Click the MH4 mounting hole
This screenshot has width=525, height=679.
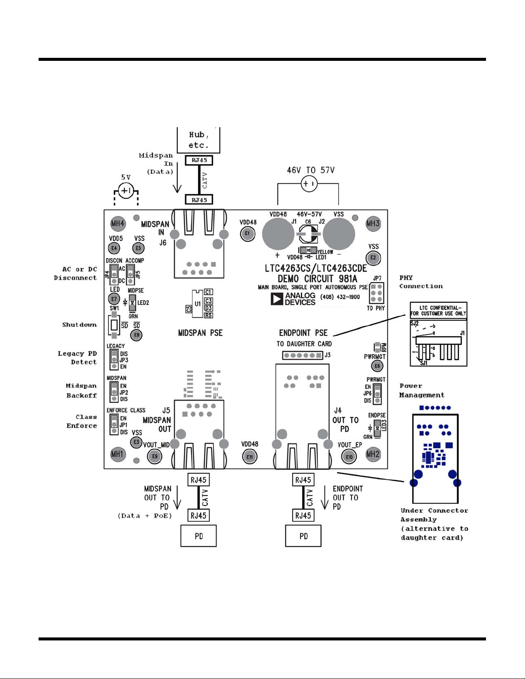pos(118,223)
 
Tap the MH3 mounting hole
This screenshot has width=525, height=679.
pos(373,223)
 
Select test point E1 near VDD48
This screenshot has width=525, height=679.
pos(247,233)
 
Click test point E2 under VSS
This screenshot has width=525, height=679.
pos(373,257)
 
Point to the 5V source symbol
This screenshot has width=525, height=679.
pos(126,190)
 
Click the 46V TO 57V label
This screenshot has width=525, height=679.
pos(311,170)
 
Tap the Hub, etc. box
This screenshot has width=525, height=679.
pos(199,140)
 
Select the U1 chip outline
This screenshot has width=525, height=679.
pos(197,303)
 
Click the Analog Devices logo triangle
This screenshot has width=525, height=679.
pos(277,299)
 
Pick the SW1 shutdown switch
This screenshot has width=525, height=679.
pos(114,325)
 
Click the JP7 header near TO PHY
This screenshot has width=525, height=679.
pos(377,293)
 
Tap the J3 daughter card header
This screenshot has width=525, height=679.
pos(303,355)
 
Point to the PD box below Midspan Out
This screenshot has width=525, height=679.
pos(198,536)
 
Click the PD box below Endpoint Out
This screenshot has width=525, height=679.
pos(303,536)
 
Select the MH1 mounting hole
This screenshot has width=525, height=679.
pos(117,454)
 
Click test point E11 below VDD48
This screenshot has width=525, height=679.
pos(250,457)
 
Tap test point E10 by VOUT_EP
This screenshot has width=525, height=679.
pos(349,457)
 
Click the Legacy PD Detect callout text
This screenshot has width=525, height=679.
pos(78,358)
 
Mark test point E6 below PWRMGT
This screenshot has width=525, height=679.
pos(377,366)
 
